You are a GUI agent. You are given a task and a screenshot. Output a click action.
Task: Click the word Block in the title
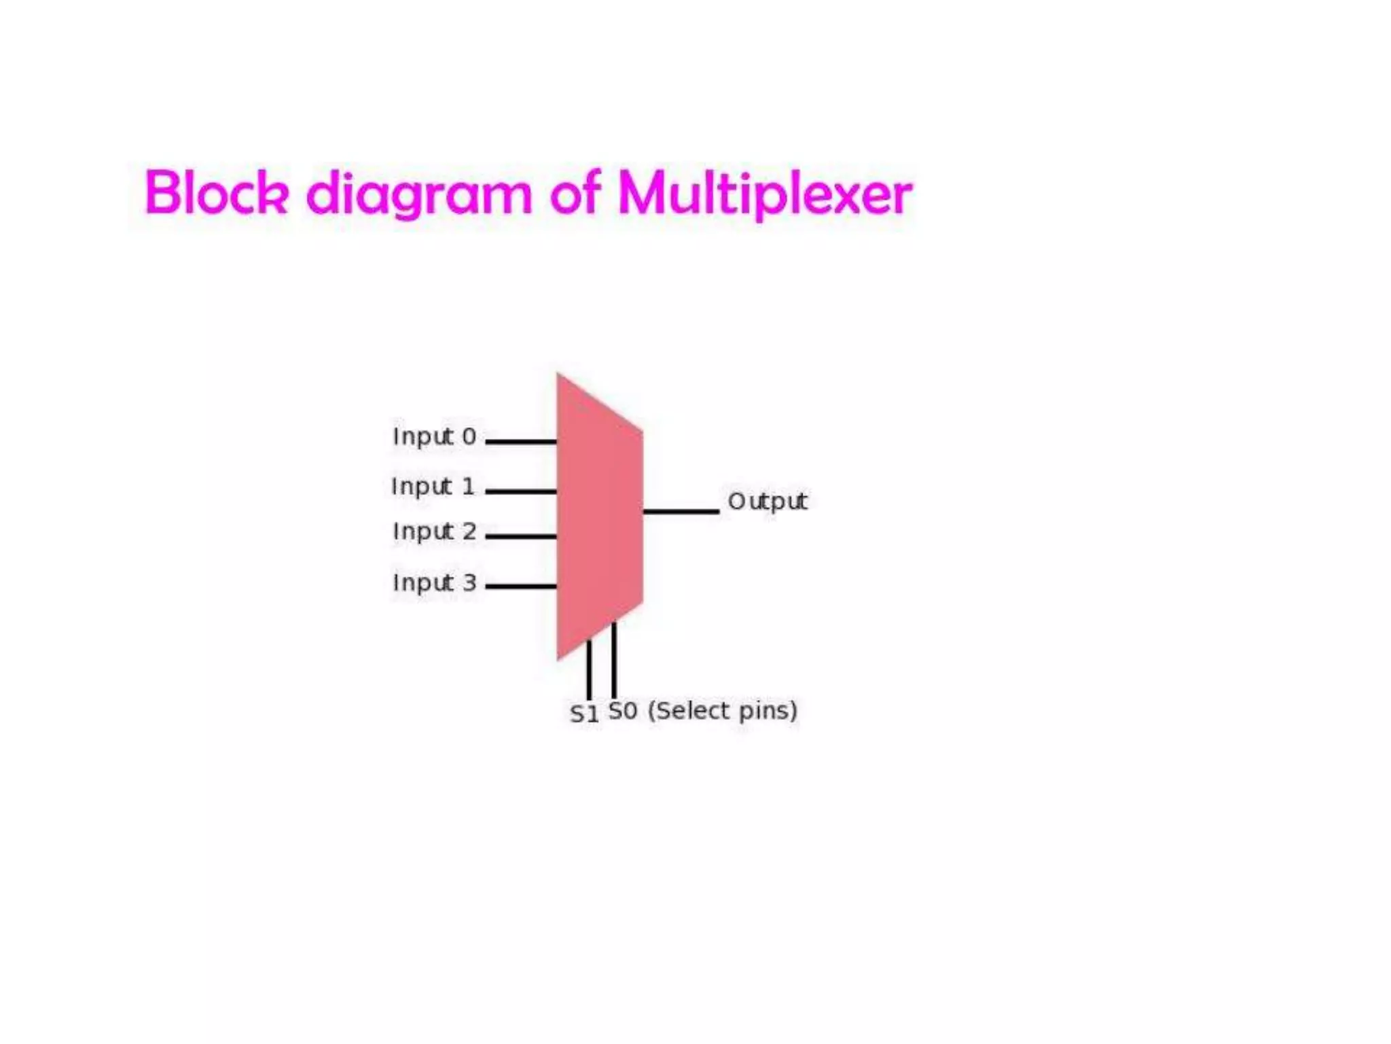pyautogui.click(x=217, y=193)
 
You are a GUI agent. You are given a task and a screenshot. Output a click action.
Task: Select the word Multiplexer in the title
pyautogui.click(x=764, y=194)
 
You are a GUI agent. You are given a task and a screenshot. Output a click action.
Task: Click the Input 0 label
pyautogui.click(x=434, y=437)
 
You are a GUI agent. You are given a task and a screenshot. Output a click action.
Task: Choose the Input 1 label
pyautogui.click(x=433, y=487)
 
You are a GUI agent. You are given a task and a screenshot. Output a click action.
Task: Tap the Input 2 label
pyautogui.click(x=434, y=532)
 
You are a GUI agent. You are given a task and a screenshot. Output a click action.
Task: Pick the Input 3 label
pyautogui.click(x=434, y=583)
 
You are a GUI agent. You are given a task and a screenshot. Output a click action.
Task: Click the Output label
pyautogui.click(x=767, y=502)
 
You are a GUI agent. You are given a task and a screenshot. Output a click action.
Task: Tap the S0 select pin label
pyautogui.click(x=623, y=711)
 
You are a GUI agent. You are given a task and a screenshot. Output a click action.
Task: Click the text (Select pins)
pyautogui.click(x=722, y=711)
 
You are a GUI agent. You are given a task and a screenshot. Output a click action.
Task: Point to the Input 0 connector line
pyautogui.click(x=521, y=442)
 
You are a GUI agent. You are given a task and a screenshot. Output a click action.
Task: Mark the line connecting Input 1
pyautogui.click(x=521, y=491)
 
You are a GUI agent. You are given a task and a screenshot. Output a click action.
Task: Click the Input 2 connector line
pyautogui.click(x=521, y=536)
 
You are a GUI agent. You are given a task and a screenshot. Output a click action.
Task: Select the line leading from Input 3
pyautogui.click(x=521, y=586)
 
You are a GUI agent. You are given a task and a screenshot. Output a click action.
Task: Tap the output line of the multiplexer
pyautogui.click(x=681, y=511)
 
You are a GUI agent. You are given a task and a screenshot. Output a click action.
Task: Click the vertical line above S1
pyautogui.click(x=589, y=669)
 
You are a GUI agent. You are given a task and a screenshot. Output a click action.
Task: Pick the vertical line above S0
pyautogui.click(x=614, y=659)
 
